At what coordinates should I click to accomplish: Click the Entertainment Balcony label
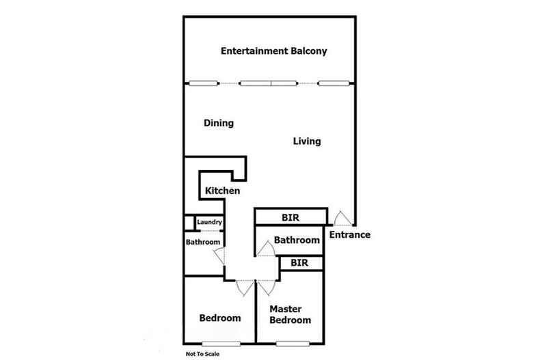[274, 51]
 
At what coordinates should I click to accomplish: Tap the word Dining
[219, 123]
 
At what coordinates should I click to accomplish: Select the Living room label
[307, 141]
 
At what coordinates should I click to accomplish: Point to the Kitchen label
[222, 191]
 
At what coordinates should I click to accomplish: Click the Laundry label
[209, 222]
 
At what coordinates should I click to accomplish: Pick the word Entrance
[350, 235]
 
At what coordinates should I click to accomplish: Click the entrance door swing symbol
[342, 219]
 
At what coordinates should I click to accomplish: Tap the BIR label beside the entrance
[291, 217]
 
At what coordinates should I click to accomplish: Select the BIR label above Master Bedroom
[299, 263]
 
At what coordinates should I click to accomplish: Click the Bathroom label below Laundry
[203, 242]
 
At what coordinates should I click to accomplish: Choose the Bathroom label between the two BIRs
[297, 240]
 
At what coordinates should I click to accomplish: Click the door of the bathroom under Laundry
[219, 255]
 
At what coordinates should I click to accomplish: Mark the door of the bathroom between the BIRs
[266, 249]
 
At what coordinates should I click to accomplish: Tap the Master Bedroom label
[290, 314]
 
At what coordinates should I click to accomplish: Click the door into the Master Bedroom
[267, 288]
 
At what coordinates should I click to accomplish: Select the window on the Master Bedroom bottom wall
[293, 344]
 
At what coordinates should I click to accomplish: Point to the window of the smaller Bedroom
[221, 344]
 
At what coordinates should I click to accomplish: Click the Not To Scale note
[202, 354]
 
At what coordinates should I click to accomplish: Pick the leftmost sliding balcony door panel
[204, 83]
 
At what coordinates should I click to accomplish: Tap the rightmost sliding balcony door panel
[334, 83]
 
